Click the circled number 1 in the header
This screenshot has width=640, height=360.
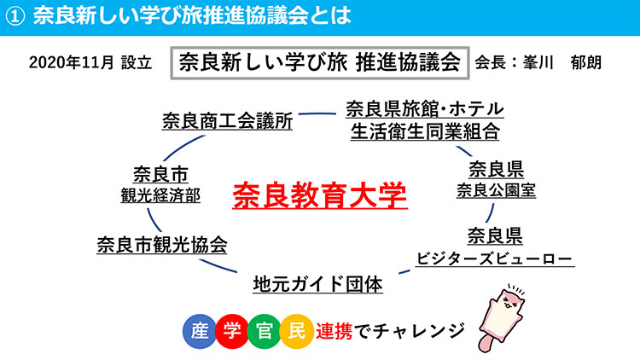(15, 16)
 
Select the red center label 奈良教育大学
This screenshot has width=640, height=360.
(320, 196)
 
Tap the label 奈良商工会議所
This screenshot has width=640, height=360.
(227, 121)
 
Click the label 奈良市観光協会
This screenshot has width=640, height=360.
(162, 245)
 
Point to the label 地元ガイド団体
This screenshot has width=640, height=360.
(317, 284)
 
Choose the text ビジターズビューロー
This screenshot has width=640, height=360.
(494, 258)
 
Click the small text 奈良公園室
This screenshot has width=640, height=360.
(496, 190)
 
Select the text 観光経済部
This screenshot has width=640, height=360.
(160, 195)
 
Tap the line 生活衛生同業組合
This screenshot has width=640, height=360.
(425, 131)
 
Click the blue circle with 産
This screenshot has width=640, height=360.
(200, 331)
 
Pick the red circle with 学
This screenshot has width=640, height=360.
(232, 331)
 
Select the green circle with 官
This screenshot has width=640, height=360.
(264, 331)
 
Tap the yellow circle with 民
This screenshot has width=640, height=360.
(296, 331)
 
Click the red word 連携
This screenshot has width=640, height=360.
(334, 331)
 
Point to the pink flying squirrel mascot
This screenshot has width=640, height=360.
(502, 318)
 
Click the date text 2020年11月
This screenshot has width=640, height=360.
(72, 63)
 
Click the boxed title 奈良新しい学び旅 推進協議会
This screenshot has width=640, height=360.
(320, 63)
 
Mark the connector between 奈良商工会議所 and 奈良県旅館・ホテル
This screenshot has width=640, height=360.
(317, 113)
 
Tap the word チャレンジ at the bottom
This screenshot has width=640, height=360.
(419, 331)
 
